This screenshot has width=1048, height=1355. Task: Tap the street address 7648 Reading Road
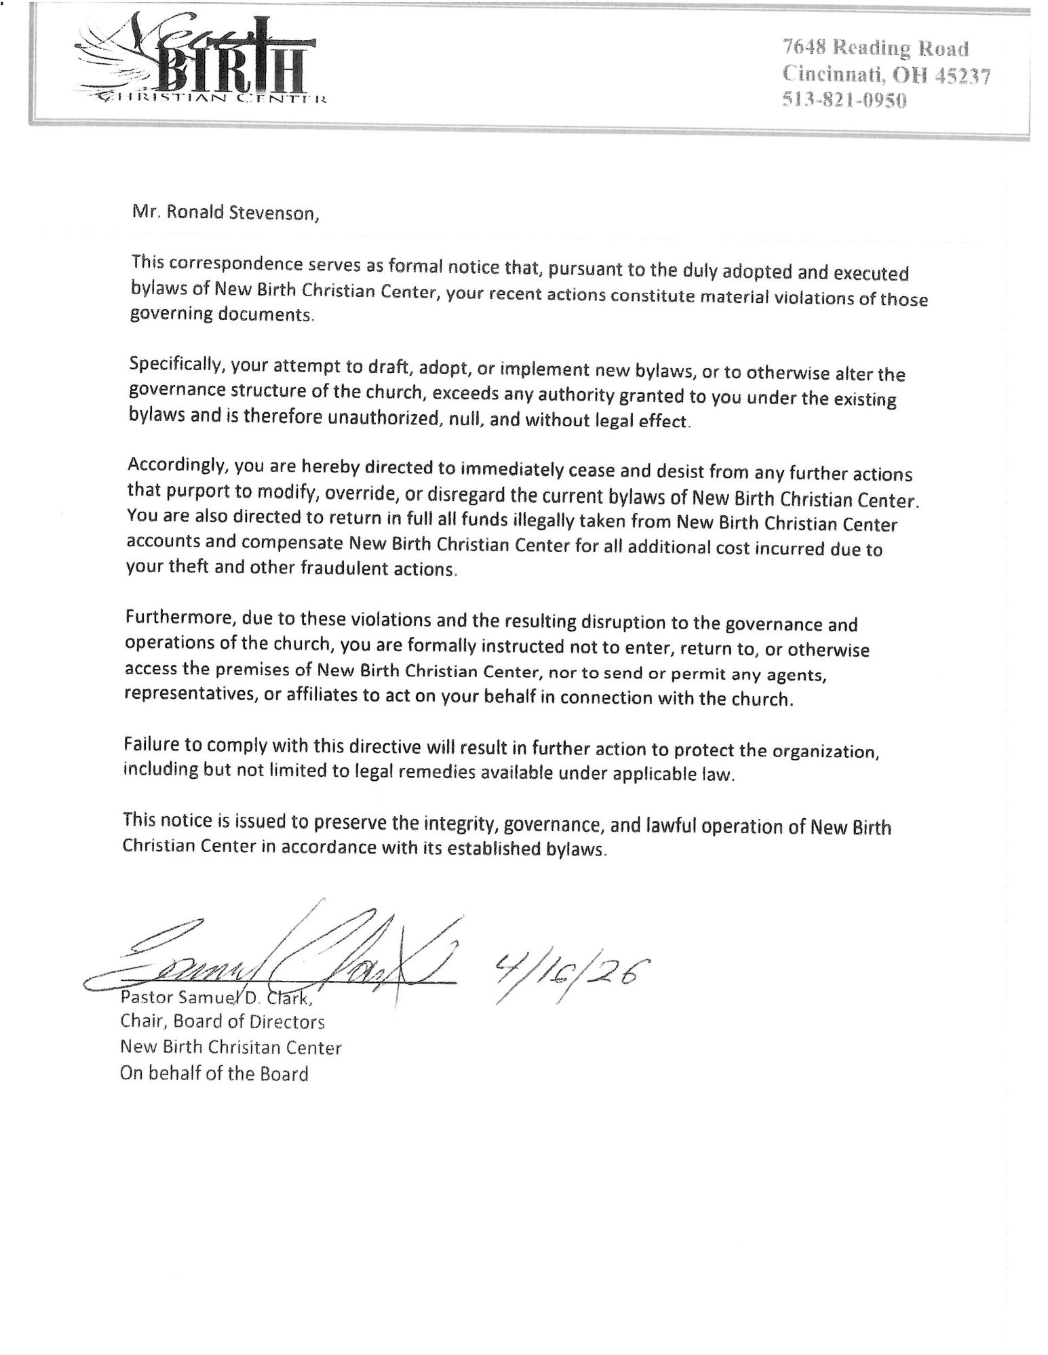pos(876,48)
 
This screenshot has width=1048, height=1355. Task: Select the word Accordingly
pos(170,467)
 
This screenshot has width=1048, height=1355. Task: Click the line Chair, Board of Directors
pos(222,1021)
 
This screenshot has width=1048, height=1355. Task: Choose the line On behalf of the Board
pos(214,1073)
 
